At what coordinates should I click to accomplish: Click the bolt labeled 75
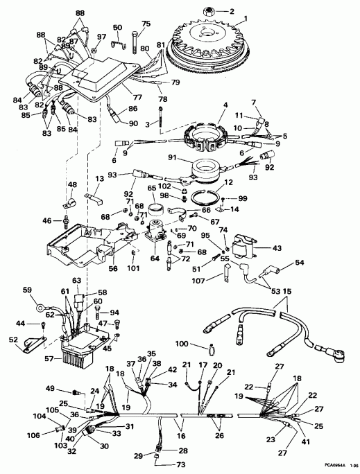(x=146, y=24)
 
